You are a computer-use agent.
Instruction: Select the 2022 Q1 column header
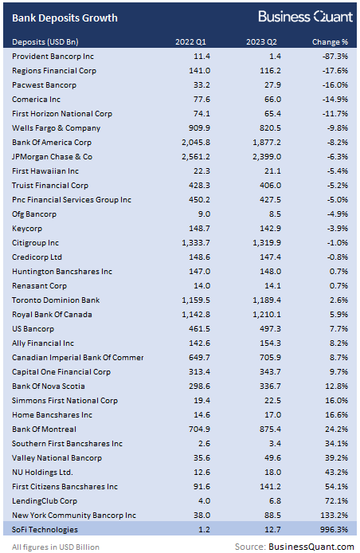[x=192, y=41]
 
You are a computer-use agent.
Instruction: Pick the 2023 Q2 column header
[x=262, y=41]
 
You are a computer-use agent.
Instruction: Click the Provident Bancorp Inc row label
[x=53, y=56]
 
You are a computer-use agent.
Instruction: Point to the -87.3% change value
[x=334, y=56]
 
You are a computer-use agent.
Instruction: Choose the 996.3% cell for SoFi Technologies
[x=333, y=529]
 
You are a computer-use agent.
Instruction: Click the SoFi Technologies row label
[x=46, y=529]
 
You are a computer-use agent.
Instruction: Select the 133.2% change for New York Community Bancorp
[x=333, y=515]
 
